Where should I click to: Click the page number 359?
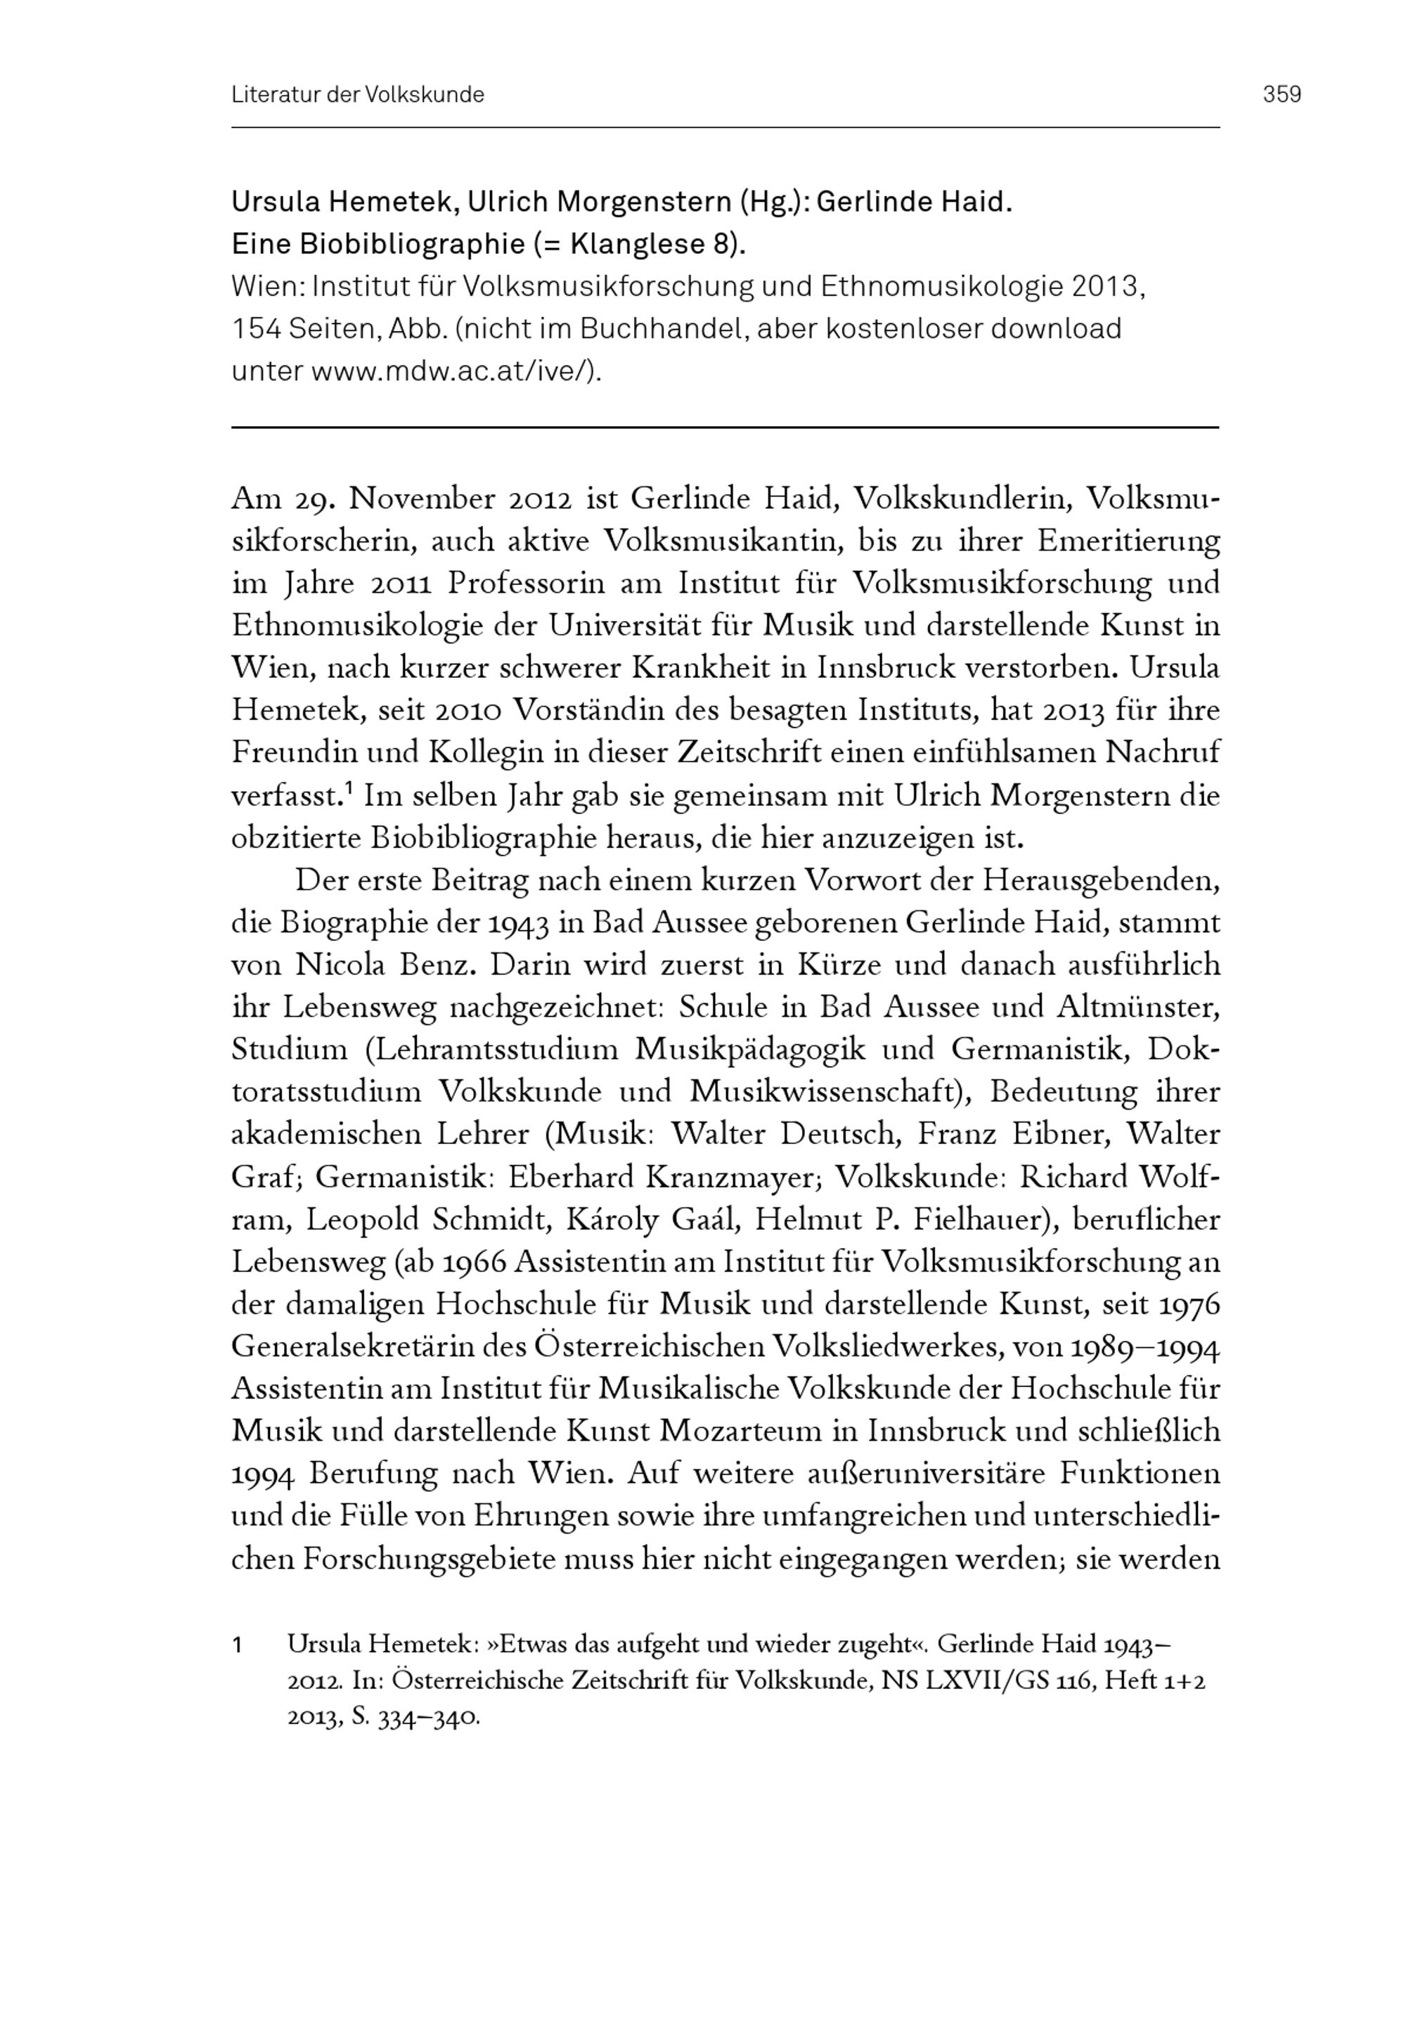(x=1282, y=94)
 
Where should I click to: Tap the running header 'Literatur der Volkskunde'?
(x=358, y=94)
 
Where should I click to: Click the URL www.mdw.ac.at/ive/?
(x=453, y=371)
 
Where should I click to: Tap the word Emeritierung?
(x=1128, y=541)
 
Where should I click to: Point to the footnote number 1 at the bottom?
(x=237, y=1644)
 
